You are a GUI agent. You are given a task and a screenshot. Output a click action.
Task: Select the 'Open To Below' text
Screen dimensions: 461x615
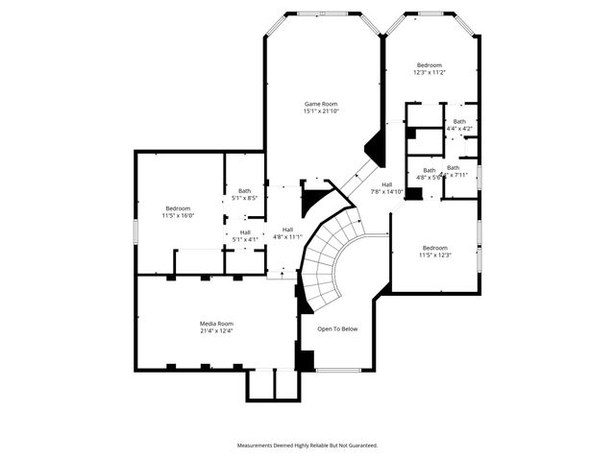pyautogui.click(x=337, y=329)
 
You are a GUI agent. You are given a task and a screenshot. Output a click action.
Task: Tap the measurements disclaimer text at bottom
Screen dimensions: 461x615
pyautogui.click(x=307, y=446)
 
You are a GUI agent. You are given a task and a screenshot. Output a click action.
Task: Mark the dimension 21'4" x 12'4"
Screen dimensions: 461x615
pyautogui.click(x=216, y=331)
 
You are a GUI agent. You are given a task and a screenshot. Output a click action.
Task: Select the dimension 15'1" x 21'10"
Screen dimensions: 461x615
pyautogui.click(x=321, y=111)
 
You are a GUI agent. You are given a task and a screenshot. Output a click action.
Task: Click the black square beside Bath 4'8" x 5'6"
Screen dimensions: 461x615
pyautogui.click(x=413, y=194)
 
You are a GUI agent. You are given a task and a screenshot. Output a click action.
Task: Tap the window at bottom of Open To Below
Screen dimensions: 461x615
pyautogui.click(x=338, y=371)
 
